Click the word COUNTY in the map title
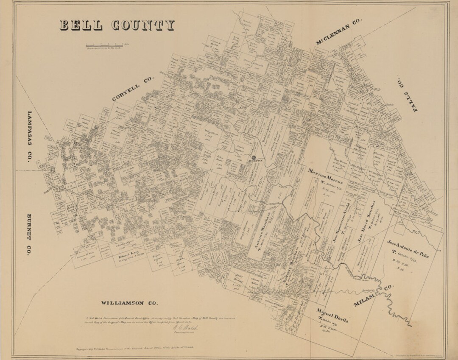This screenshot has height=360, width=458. pyautogui.click(x=142, y=25)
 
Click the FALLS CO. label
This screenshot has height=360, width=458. pyautogui.click(x=407, y=95)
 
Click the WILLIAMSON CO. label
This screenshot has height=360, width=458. pyautogui.click(x=129, y=303)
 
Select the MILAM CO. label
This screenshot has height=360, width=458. pyautogui.click(x=373, y=296)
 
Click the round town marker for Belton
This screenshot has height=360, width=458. pyautogui.click(x=254, y=157)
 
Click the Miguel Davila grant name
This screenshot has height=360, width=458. pyautogui.click(x=332, y=316)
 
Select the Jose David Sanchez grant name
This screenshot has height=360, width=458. pyautogui.click(x=366, y=220)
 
